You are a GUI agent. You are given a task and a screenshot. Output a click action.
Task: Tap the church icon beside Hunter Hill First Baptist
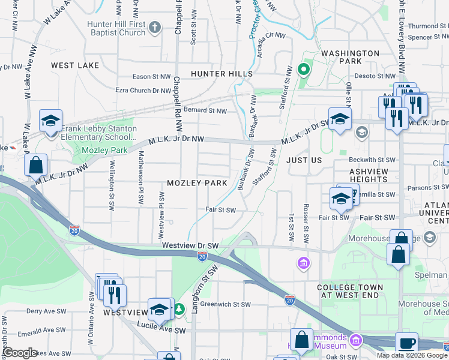point(155,28)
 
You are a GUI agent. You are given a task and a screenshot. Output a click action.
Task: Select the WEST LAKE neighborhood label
point(76,65)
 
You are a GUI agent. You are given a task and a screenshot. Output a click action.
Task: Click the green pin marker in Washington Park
point(304,70)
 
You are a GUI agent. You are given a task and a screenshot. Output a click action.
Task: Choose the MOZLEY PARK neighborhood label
point(196,183)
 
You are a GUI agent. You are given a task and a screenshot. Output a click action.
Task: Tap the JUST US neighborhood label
point(304,161)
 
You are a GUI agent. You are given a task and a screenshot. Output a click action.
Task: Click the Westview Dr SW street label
point(190,246)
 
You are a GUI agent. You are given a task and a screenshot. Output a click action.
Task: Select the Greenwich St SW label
point(224,304)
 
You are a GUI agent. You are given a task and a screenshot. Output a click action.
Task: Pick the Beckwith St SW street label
point(373,160)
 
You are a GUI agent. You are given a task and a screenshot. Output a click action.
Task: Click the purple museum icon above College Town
point(304,263)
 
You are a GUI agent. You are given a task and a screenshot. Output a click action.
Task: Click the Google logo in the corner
point(20,353)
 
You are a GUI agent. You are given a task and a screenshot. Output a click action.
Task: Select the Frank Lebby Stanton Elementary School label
point(98,133)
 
